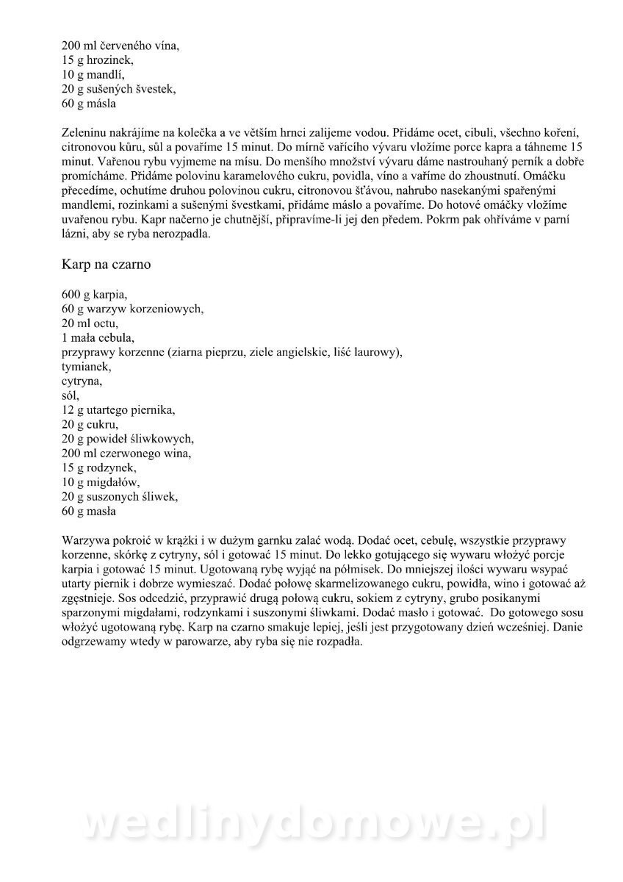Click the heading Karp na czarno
tap(107, 265)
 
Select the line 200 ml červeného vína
tap(120, 46)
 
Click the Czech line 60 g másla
tap(89, 104)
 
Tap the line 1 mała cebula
tap(98, 337)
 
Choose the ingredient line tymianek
tap(86, 366)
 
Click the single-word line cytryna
tap(82, 381)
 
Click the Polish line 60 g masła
tap(90, 511)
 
